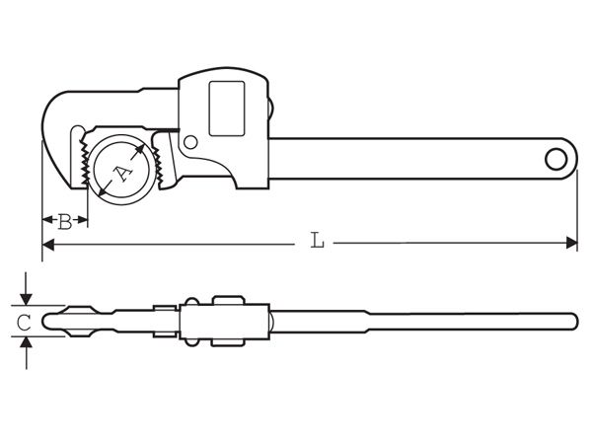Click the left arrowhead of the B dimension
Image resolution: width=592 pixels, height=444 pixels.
coord(46,221)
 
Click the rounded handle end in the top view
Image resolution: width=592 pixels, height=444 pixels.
coord(574,321)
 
